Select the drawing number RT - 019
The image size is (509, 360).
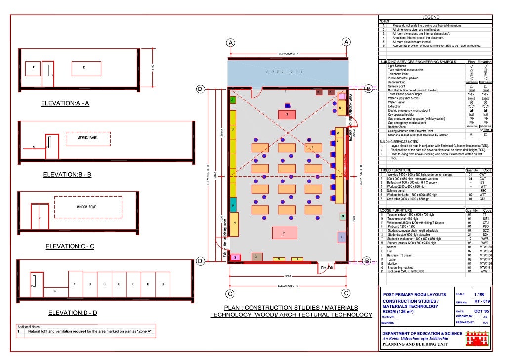(482, 301)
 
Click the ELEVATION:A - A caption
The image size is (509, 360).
(65, 104)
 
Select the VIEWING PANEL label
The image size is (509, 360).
(87, 138)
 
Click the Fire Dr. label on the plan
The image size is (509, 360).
(328, 268)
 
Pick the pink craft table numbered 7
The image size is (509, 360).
(283, 233)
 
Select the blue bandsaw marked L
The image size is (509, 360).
(341, 238)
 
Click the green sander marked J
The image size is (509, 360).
(232, 100)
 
